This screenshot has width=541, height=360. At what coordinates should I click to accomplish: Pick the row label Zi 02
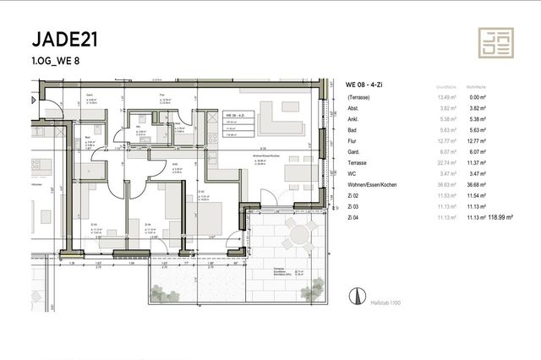point(353,195)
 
